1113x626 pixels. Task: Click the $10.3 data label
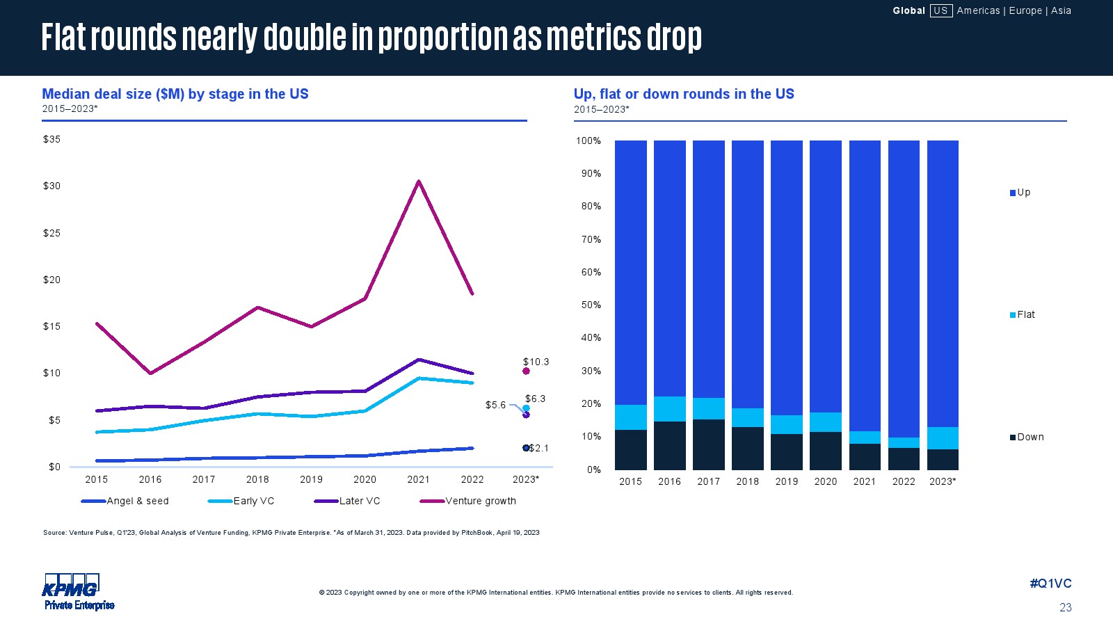tap(536, 362)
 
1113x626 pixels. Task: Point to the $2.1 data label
tap(538, 449)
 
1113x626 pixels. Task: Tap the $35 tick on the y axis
tap(51, 139)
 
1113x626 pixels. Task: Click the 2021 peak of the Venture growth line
tap(418, 182)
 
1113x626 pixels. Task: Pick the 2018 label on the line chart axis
tap(257, 479)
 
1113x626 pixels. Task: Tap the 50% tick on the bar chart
tap(591, 305)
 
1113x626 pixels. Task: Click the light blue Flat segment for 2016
tap(669, 409)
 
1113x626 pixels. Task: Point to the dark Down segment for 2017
tap(708, 444)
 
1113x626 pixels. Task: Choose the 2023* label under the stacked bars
tap(943, 481)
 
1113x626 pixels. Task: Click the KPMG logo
tap(72, 586)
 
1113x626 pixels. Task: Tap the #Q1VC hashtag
tap(1050, 584)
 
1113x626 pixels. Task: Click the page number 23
tap(1065, 607)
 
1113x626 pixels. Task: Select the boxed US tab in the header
tap(940, 10)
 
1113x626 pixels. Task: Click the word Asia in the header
tap(1061, 10)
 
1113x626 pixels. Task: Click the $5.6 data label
tap(495, 405)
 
